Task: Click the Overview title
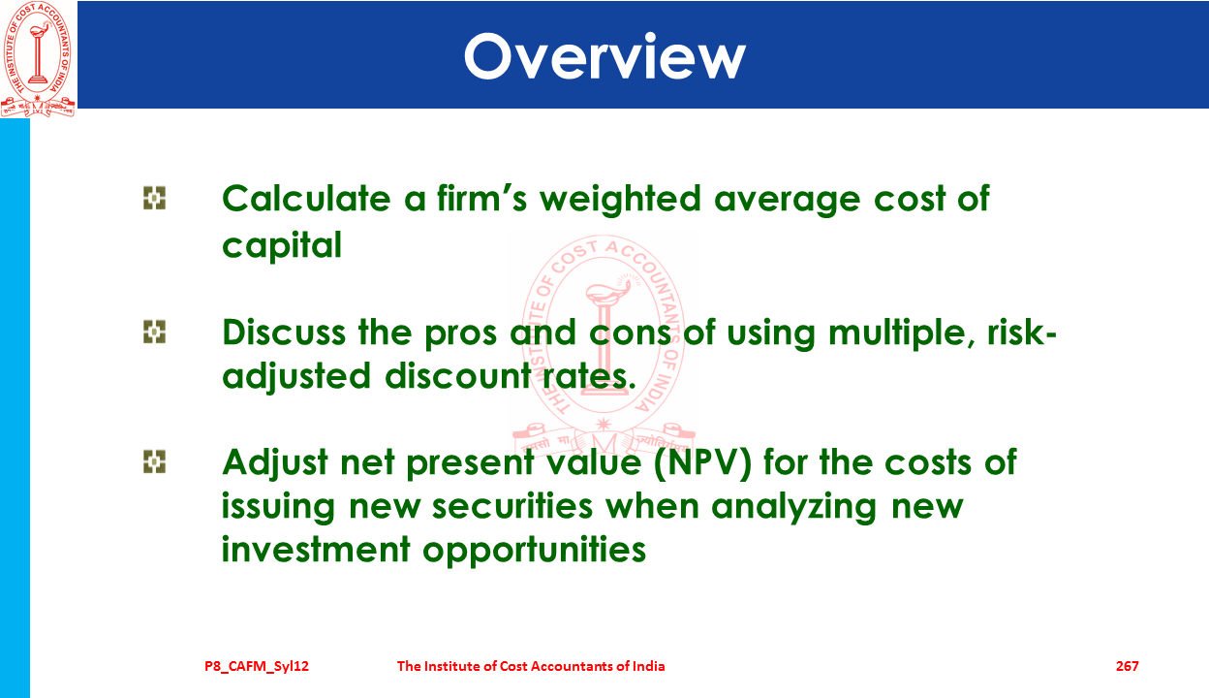(x=604, y=56)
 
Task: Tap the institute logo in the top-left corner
(x=38, y=59)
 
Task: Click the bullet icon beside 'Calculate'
(x=154, y=198)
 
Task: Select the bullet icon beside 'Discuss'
(x=154, y=332)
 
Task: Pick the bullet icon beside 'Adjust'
(x=154, y=461)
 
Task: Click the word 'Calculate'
(x=306, y=199)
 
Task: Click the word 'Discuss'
(x=284, y=333)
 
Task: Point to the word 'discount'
(x=458, y=375)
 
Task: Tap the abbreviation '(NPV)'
(x=702, y=463)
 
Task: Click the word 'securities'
(x=512, y=506)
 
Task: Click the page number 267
(x=1127, y=666)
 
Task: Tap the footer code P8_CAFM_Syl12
(x=257, y=667)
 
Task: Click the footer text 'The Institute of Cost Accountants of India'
(x=531, y=666)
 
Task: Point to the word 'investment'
(x=316, y=550)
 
